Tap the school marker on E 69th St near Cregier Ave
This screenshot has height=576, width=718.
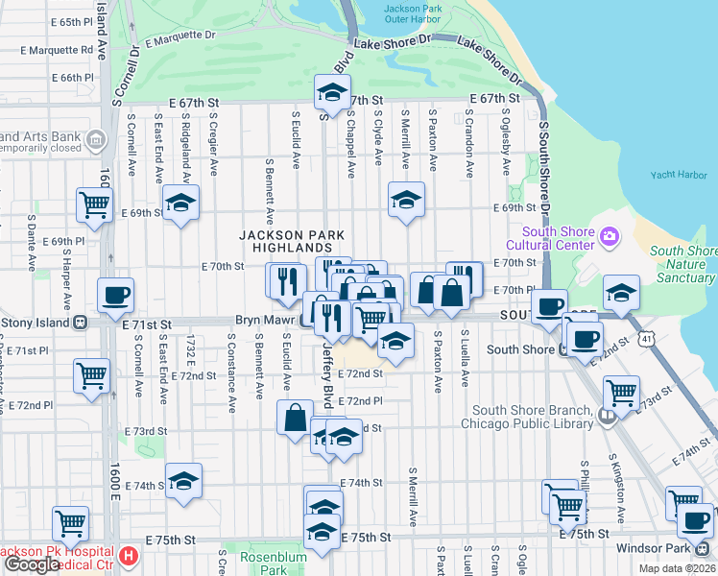(x=179, y=203)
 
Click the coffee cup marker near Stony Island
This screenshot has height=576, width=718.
(x=115, y=296)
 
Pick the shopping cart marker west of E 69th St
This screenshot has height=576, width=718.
(x=95, y=204)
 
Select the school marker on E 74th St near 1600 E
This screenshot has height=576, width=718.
(x=183, y=481)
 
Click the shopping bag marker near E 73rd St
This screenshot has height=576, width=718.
(x=295, y=418)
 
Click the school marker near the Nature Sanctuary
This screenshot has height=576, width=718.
(x=621, y=293)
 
